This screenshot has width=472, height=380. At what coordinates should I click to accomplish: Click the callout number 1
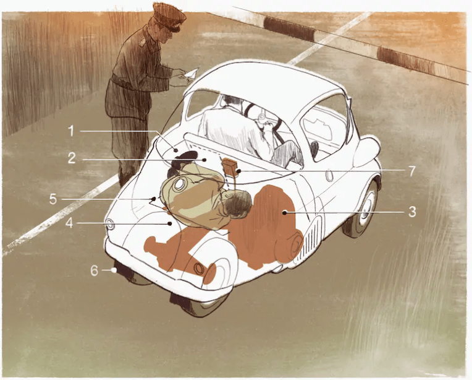(71, 131)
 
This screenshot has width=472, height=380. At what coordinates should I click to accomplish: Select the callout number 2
(71, 158)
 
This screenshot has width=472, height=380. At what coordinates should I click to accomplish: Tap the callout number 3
(412, 212)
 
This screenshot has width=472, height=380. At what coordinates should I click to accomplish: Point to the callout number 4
(69, 223)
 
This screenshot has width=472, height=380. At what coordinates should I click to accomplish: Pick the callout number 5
(53, 199)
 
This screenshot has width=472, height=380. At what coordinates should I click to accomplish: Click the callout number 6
(95, 270)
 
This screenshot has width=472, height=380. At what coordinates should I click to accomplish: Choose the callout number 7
(412, 171)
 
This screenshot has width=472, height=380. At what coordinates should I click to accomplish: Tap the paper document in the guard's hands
(192, 74)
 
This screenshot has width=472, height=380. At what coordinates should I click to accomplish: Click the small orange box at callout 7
(230, 166)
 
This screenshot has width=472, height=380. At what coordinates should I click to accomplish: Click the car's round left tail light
(110, 224)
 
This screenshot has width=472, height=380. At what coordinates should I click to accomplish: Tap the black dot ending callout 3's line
(284, 213)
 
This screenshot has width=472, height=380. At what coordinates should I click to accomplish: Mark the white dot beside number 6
(114, 270)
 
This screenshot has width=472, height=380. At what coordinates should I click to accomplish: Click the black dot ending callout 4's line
(170, 223)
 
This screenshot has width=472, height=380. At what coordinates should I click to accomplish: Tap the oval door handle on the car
(330, 175)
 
